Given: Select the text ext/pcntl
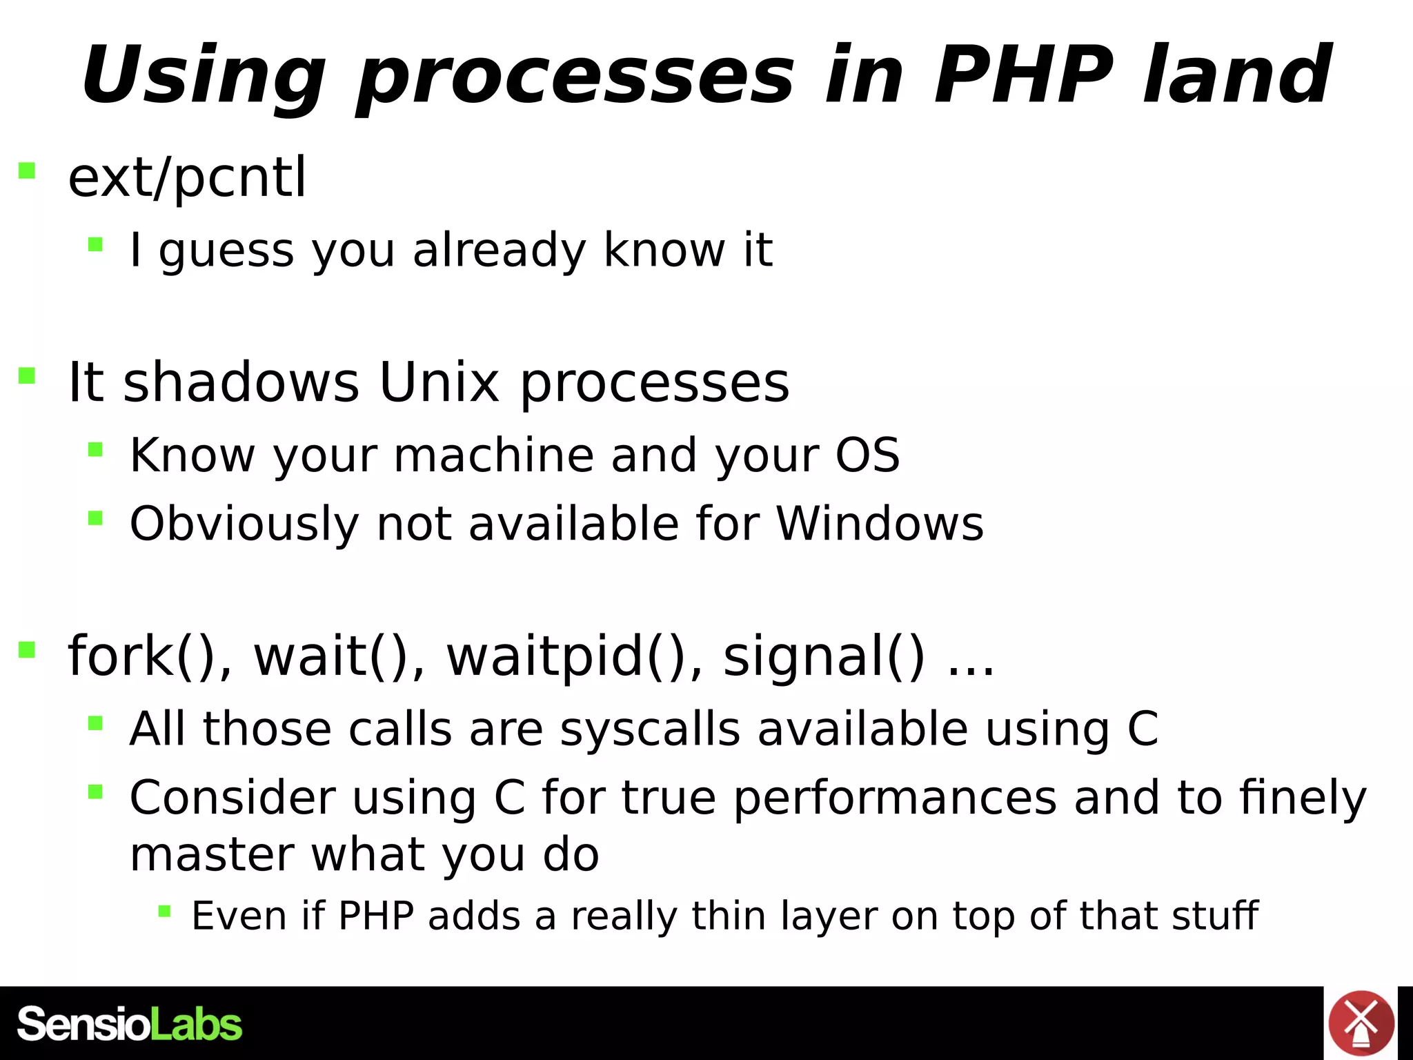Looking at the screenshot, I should [x=187, y=178].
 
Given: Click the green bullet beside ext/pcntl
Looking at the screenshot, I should [x=27, y=170].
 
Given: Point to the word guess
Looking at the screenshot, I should [x=226, y=251].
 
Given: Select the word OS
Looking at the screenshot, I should [x=867, y=455].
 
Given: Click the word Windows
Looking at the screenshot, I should [x=880, y=524].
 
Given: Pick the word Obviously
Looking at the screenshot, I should [x=244, y=525].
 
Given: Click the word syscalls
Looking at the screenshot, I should [x=650, y=729].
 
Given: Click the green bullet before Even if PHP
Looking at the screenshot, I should [x=164, y=912].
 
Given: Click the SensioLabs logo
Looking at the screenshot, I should [x=130, y=1024].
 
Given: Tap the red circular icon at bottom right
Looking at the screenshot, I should [x=1361, y=1023].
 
